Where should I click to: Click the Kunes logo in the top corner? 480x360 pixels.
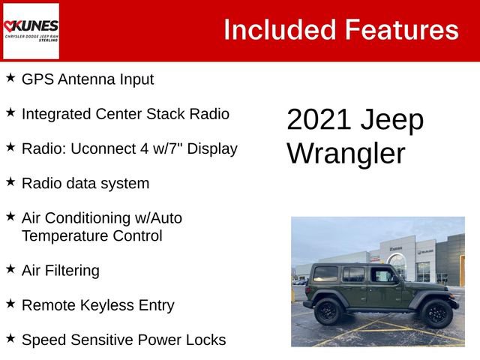[x=31, y=31]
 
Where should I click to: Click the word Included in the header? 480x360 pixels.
[x=279, y=30]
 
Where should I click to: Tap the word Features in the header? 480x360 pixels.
[x=401, y=30]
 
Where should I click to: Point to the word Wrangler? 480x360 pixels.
[x=346, y=154]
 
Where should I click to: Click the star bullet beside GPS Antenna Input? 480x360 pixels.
[x=10, y=77]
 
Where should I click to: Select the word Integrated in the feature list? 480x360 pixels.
[x=56, y=114]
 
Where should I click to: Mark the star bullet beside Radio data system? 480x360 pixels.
[x=10, y=181]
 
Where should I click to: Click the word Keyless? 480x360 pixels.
[x=109, y=305]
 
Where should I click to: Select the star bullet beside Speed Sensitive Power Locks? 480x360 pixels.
[x=10, y=338]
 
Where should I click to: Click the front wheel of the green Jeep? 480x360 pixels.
[x=436, y=313]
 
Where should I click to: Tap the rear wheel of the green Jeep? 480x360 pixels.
[x=328, y=311]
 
